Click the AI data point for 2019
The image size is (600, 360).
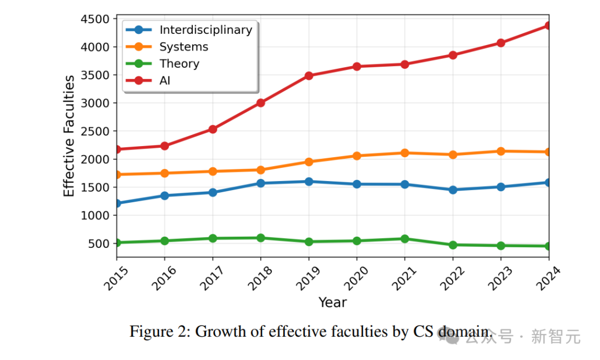(x=308, y=76)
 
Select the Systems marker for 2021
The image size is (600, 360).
(x=404, y=153)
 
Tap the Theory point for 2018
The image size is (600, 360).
(x=261, y=238)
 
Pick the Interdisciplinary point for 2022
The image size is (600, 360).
(x=453, y=189)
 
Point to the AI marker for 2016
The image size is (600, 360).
(x=164, y=146)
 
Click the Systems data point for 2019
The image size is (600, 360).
(x=308, y=162)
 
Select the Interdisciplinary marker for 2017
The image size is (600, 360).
(x=212, y=192)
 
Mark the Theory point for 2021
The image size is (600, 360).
(x=404, y=239)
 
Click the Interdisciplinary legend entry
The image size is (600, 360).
(x=206, y=30)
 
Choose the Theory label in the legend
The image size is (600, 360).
(x=179, y=64)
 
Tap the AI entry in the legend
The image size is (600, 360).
(x=165, y=81)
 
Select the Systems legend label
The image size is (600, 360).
(x=183, y=47)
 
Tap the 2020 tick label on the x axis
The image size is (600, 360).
(x=352, y=277)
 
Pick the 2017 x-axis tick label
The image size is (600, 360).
(x=208, y=277)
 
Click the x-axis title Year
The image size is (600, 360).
(x=332, y=303)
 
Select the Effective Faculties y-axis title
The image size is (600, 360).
(x=69, y=136)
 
